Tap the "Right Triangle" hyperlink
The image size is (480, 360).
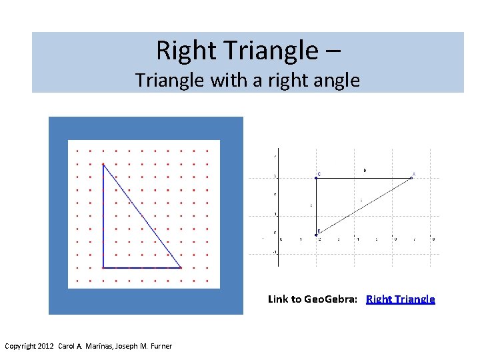point(401,299)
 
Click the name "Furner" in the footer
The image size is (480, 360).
point(159,346)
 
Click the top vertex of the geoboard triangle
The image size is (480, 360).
point(103,164)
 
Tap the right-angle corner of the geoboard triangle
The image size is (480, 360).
point(103,267)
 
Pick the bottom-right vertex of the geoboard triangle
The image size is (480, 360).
point(181,267)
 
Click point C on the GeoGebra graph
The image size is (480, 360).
point(316,177)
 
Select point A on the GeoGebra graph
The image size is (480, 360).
point(412,177)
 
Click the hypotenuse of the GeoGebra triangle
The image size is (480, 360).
point(364,205)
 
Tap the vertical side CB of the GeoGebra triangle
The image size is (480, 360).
point(316,205)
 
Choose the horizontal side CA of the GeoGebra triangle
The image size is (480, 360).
point(364,177)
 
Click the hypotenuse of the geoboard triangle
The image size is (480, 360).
point(142,216)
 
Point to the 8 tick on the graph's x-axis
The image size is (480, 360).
point(433,239)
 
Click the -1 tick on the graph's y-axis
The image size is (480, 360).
point(275,253)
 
